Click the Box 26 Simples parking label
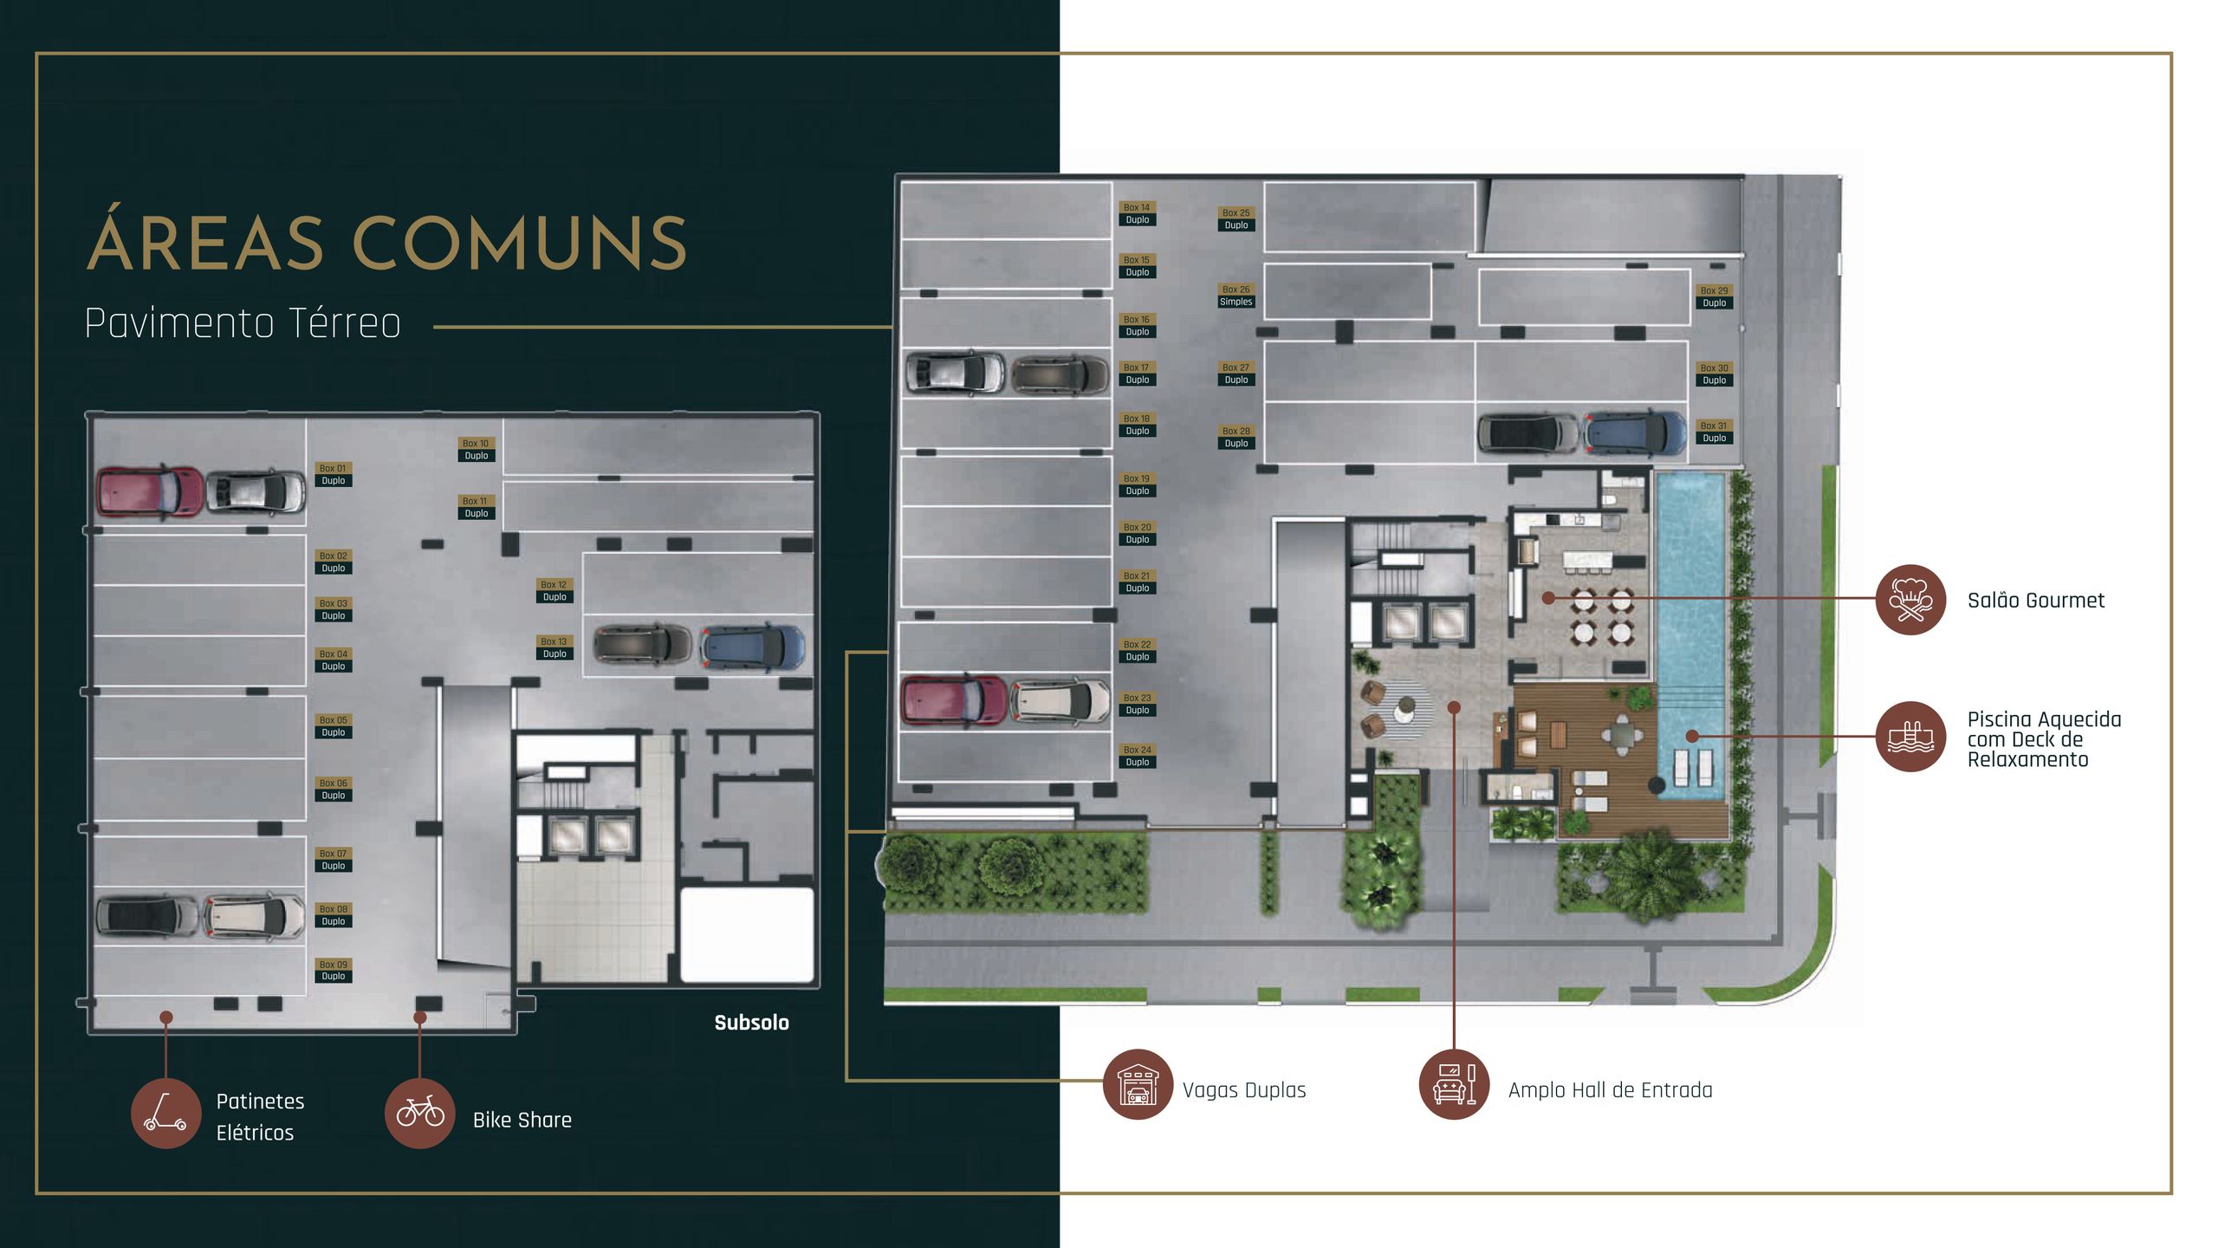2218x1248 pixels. pos(1235,296)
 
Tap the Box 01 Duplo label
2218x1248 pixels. pos(333,474)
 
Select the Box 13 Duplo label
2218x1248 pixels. pos(554,647)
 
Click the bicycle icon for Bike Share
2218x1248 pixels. pos(420,1113)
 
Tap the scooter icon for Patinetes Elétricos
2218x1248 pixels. pos(165,1113)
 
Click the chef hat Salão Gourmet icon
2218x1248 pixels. pos(1910,600)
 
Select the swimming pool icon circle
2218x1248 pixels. pos(1910,737)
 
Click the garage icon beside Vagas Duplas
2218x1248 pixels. pos(1138,1084)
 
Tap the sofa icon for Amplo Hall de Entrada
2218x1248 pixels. pos(1454,1084)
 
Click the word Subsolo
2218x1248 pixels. pos(751,1023)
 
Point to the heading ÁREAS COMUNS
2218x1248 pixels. pos(387,243)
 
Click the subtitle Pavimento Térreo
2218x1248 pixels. pos(243,323)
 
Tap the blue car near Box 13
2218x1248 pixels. pos(751,647)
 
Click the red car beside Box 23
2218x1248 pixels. pos(954,700)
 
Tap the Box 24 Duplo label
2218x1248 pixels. pos(1137,756)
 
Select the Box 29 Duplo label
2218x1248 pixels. pos(1714,296)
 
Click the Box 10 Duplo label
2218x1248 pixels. pos(476,449)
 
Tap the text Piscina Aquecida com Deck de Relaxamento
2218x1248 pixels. pos(2043,739)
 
